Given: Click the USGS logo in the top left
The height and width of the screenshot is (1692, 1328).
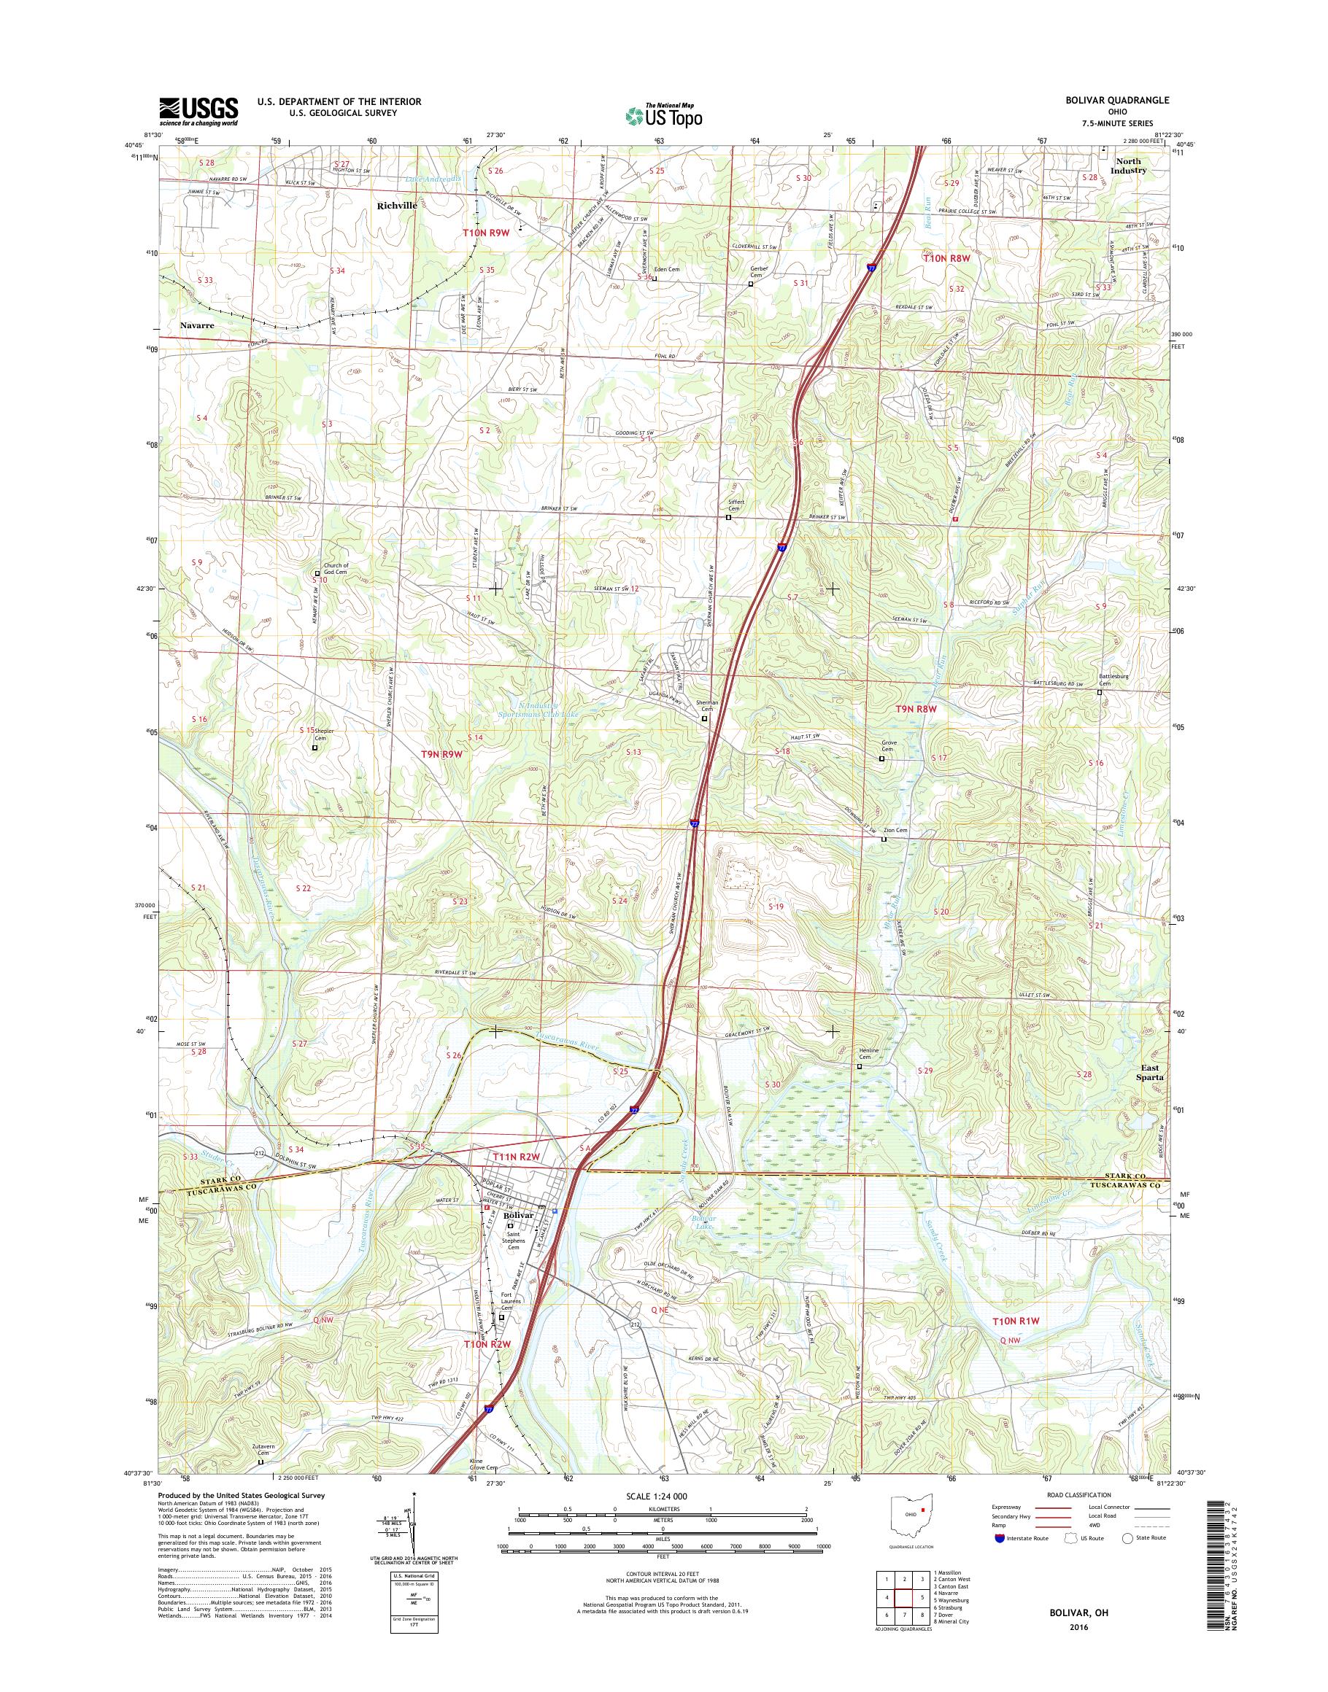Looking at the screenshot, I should click(198, 111).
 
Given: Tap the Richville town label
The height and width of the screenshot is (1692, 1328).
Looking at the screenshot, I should click(396, 206).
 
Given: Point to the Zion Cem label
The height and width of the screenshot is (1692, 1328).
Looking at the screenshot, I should click(897, 830).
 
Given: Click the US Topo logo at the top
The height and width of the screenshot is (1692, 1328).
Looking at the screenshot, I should click(663, 115).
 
